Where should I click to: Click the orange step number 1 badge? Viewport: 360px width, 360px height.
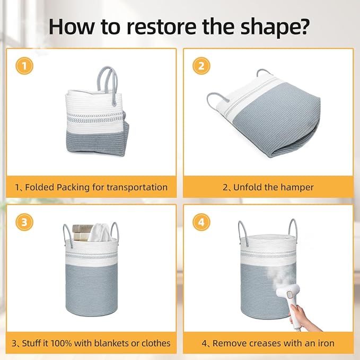coord(24,66)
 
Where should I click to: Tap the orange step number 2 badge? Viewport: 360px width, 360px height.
coord(201,66)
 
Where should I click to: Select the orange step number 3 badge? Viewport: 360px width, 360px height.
coord(24,222)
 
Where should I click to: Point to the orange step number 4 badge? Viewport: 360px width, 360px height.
coord(201,222)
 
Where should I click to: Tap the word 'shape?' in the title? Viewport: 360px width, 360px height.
coord(274,27)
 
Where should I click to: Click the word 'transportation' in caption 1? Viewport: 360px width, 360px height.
coord(137,187)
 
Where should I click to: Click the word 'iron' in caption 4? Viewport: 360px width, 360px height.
coord(326,343)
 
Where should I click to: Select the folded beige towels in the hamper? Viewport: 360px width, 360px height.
coord(82,232)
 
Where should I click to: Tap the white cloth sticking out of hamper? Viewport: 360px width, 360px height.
coord(100,232)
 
